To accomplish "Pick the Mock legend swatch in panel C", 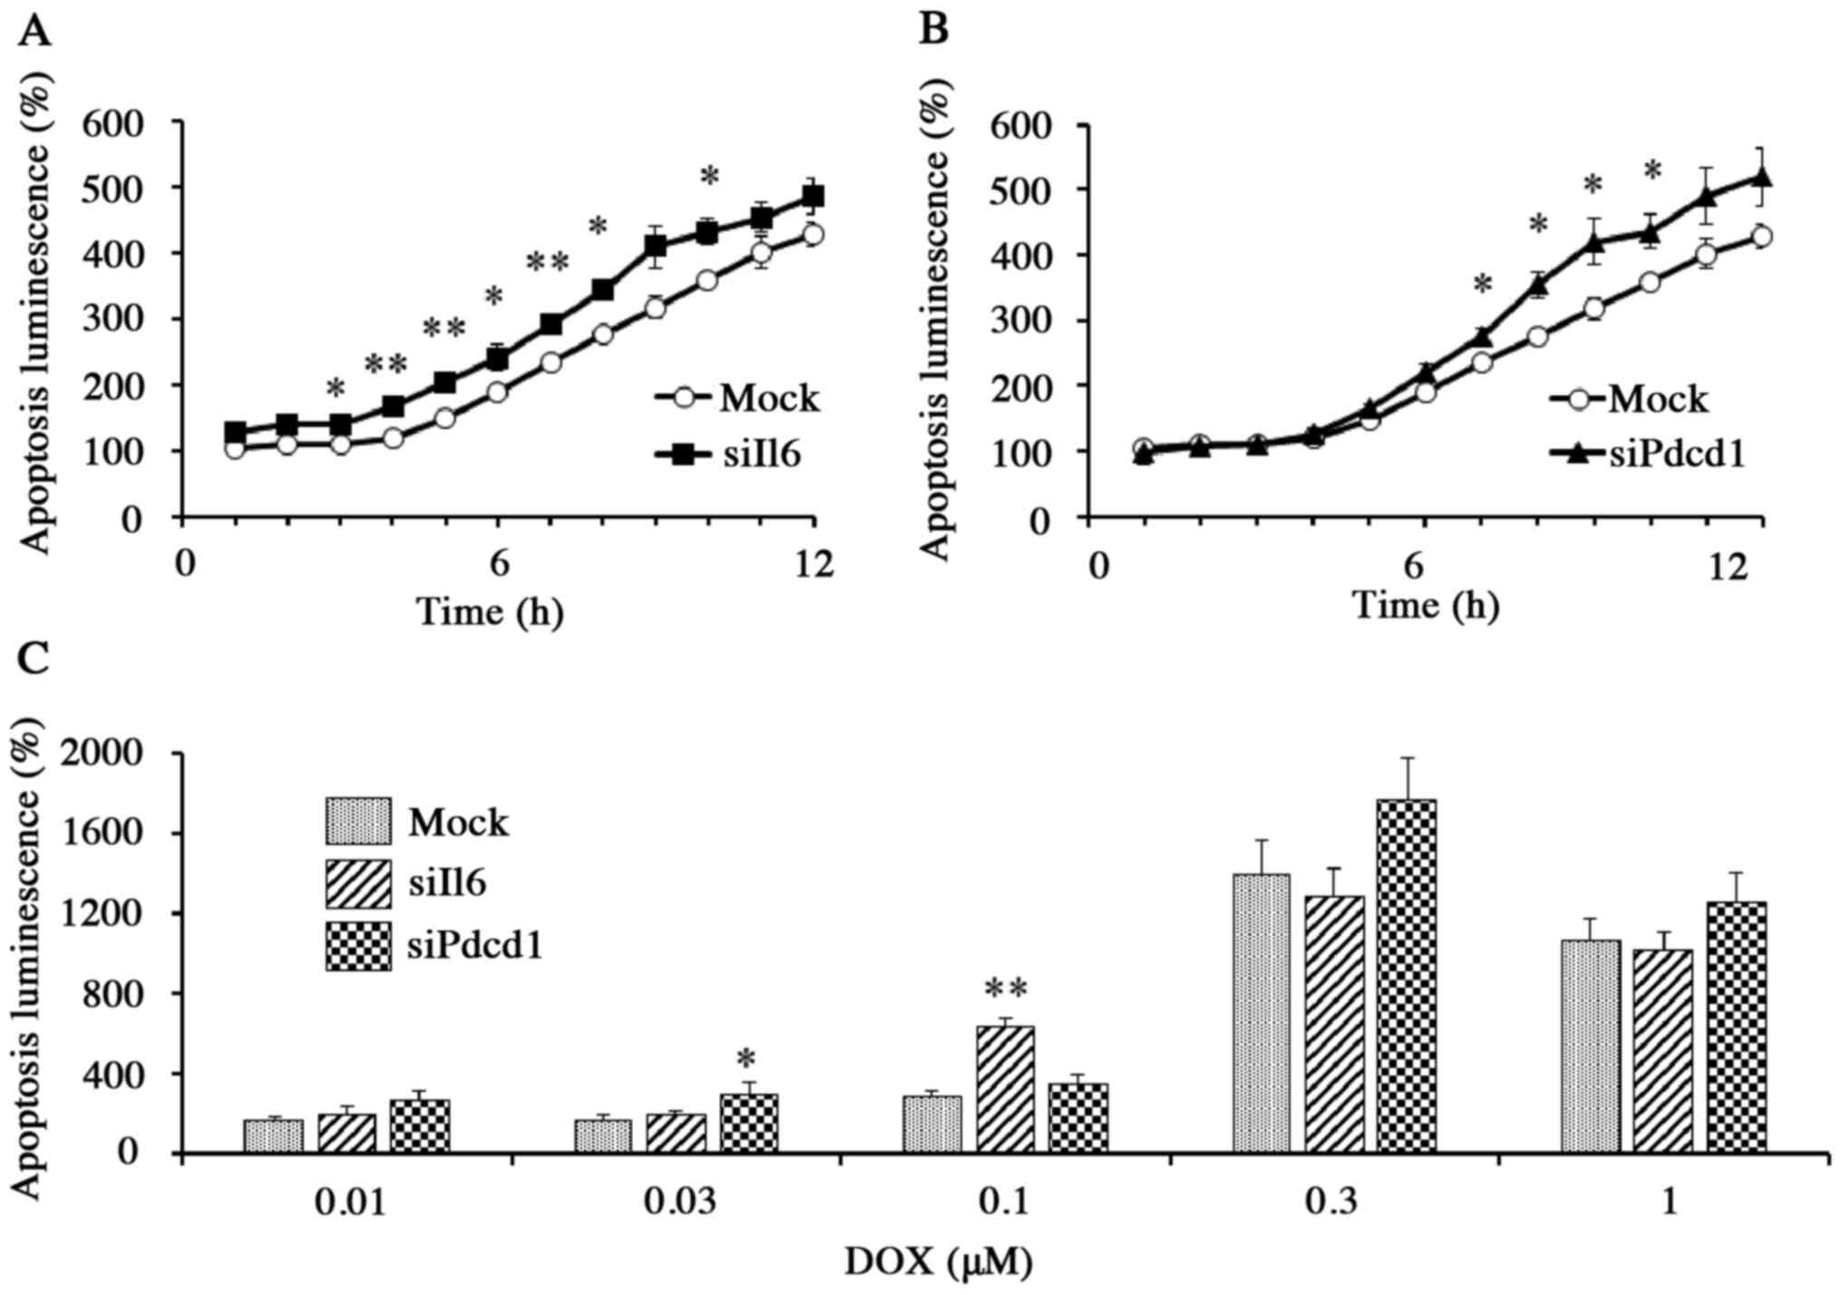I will (x=358, y=822).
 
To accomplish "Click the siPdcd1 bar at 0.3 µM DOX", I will (x=1407, y=976).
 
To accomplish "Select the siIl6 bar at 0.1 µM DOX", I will (x=1004, y=1089).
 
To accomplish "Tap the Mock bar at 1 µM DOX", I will (x=1590, y=1047).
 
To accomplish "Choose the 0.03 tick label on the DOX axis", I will (x=677, y=1202).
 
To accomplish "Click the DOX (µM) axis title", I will (x=939, y=1261).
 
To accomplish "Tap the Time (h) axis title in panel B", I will (x=1425, y=605).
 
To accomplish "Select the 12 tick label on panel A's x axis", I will (x=813, y=566).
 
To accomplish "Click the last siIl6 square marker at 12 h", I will (x=814, y=197).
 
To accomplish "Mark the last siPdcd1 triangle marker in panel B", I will (x=1761, y=177).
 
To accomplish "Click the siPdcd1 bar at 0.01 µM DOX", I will (x=420, y=1126).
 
